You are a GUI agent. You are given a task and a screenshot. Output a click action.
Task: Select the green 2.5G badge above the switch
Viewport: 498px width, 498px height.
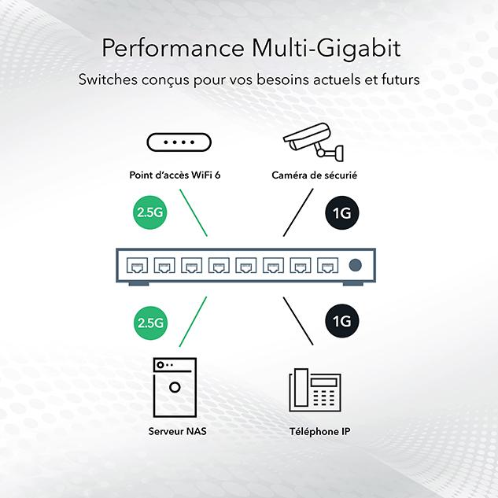(149, 213)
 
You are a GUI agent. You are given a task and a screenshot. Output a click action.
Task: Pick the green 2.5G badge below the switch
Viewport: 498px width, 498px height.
(149, 321)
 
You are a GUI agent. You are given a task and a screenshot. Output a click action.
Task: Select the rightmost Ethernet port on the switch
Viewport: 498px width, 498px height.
(327, 265)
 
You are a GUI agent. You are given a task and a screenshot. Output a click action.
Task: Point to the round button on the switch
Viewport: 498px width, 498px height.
(356, 265)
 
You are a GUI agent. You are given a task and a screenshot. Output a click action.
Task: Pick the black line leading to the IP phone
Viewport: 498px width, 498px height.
(297, 321)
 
